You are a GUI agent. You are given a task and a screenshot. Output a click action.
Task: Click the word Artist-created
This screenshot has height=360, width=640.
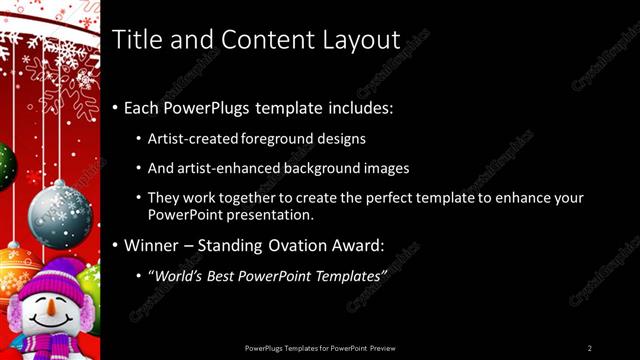coord(187,139)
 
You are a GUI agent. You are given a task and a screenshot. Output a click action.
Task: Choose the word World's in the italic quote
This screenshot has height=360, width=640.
coord(176,274)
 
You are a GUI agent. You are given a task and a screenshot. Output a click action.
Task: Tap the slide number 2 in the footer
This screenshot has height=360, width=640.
coord(590,347)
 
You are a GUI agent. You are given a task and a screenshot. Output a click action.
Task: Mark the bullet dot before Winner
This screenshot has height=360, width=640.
coord(116,245)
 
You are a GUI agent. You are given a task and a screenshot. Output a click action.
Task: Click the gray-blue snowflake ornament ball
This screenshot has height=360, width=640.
coord(60,214)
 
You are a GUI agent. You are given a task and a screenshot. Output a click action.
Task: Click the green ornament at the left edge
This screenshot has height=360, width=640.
coord(5,165)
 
